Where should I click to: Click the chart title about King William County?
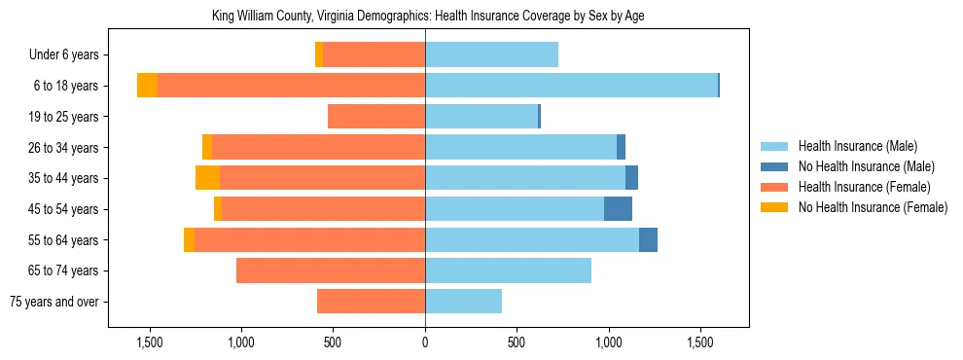pos(428,17)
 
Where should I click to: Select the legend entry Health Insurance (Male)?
pos(857,147)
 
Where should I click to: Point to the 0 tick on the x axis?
pos(425,342)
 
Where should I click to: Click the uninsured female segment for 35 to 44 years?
pos(207,178)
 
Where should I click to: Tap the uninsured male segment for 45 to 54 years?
pos(618,209)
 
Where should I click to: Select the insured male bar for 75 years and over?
pos(463,302)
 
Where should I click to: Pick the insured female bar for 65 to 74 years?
pos(331,270)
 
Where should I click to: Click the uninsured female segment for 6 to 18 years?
pos(147,86)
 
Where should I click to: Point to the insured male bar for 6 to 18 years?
pos(571,86)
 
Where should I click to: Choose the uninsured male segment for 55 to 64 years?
pos(648,239)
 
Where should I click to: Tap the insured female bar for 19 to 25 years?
pos(376,117)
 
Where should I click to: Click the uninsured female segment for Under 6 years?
pos(319,55)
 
